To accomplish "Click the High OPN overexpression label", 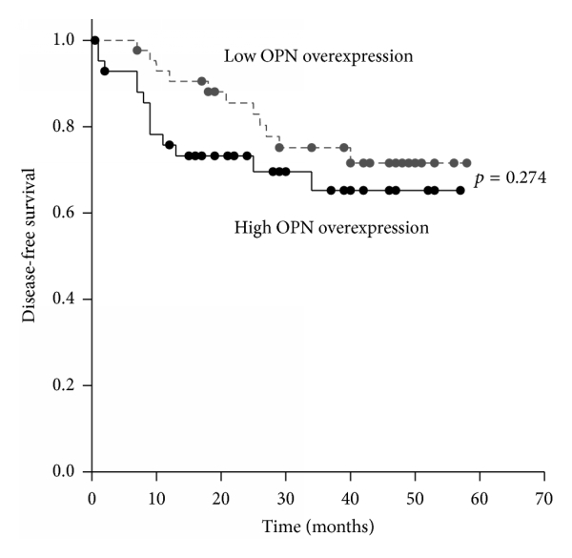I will (331, 228).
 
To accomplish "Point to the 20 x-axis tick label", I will (221, 497).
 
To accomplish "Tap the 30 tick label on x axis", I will (285, 497).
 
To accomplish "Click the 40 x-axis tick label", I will (350, 497).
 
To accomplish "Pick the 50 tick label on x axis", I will (415, 497).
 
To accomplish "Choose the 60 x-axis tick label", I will (480, 497).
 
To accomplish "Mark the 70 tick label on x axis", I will (544, 497).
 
